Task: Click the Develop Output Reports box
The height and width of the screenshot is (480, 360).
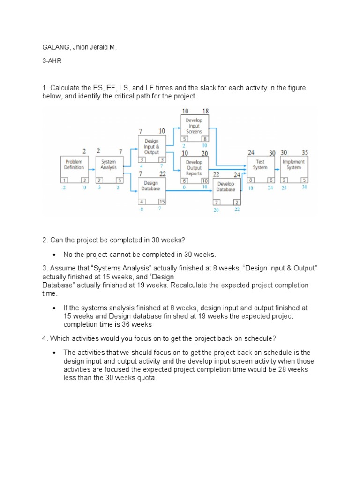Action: pyautogui.click(x=194, y=170)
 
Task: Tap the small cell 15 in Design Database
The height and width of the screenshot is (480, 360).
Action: pyautogui.click(x=161, y=202)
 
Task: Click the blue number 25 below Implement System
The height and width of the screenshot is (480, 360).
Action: pyautogui.click(x=284, y=187)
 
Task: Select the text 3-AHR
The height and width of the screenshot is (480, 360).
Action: pyautogui.click(x=51, y=61)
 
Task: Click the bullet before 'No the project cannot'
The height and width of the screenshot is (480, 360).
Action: pyautogui.click(x=55, y=255)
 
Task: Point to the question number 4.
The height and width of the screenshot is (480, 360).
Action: pyautogui.click(x=45, y=338)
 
